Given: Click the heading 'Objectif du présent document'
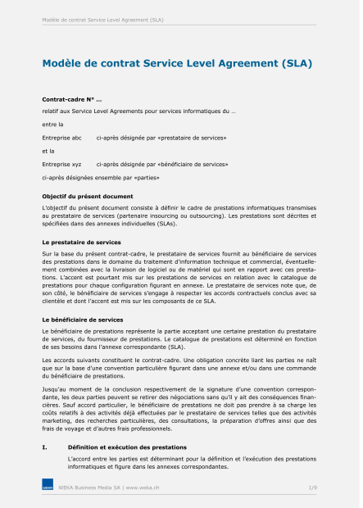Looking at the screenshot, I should point(87,197).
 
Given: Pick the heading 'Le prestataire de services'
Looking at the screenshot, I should point(81,243).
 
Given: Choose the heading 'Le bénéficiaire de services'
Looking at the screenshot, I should point(82,319).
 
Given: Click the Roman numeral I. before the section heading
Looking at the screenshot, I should point(45,447).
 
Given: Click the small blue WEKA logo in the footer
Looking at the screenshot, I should point(48,488).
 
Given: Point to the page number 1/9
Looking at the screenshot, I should point(311,488).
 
